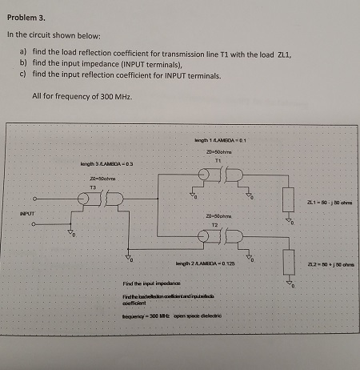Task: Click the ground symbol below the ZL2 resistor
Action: coord(287,282)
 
